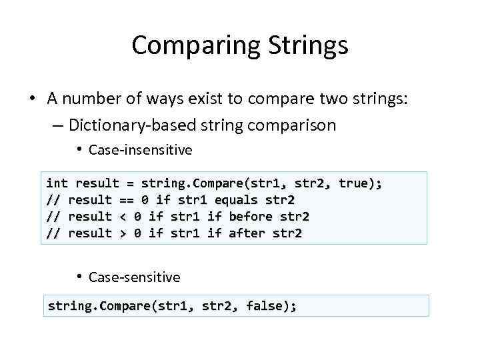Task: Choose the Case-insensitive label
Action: pyautogui.click(x=140, y=150)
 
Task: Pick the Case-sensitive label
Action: pyautogui.click(x=134, y=277)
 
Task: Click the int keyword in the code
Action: pyautogui.click(x=57, y=183)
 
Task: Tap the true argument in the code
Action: pyautogui.click(x=354, y=183)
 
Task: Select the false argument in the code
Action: pyautogui.click(x=265, y=307)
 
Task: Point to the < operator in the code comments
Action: pyautogui.click(x=123, y=217)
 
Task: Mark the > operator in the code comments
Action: pyautogui.click(x=123, y=233)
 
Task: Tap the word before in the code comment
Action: pyautogui.click(x=250, y=217)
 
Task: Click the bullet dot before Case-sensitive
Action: pyautogui.click(x=79, y=277)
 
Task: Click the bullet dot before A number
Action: pyautogui.click(x=32, y=99)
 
